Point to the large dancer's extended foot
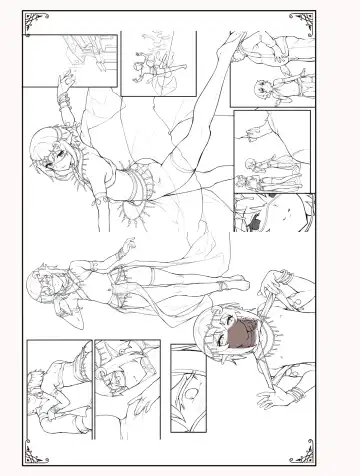tap(237, 40)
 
